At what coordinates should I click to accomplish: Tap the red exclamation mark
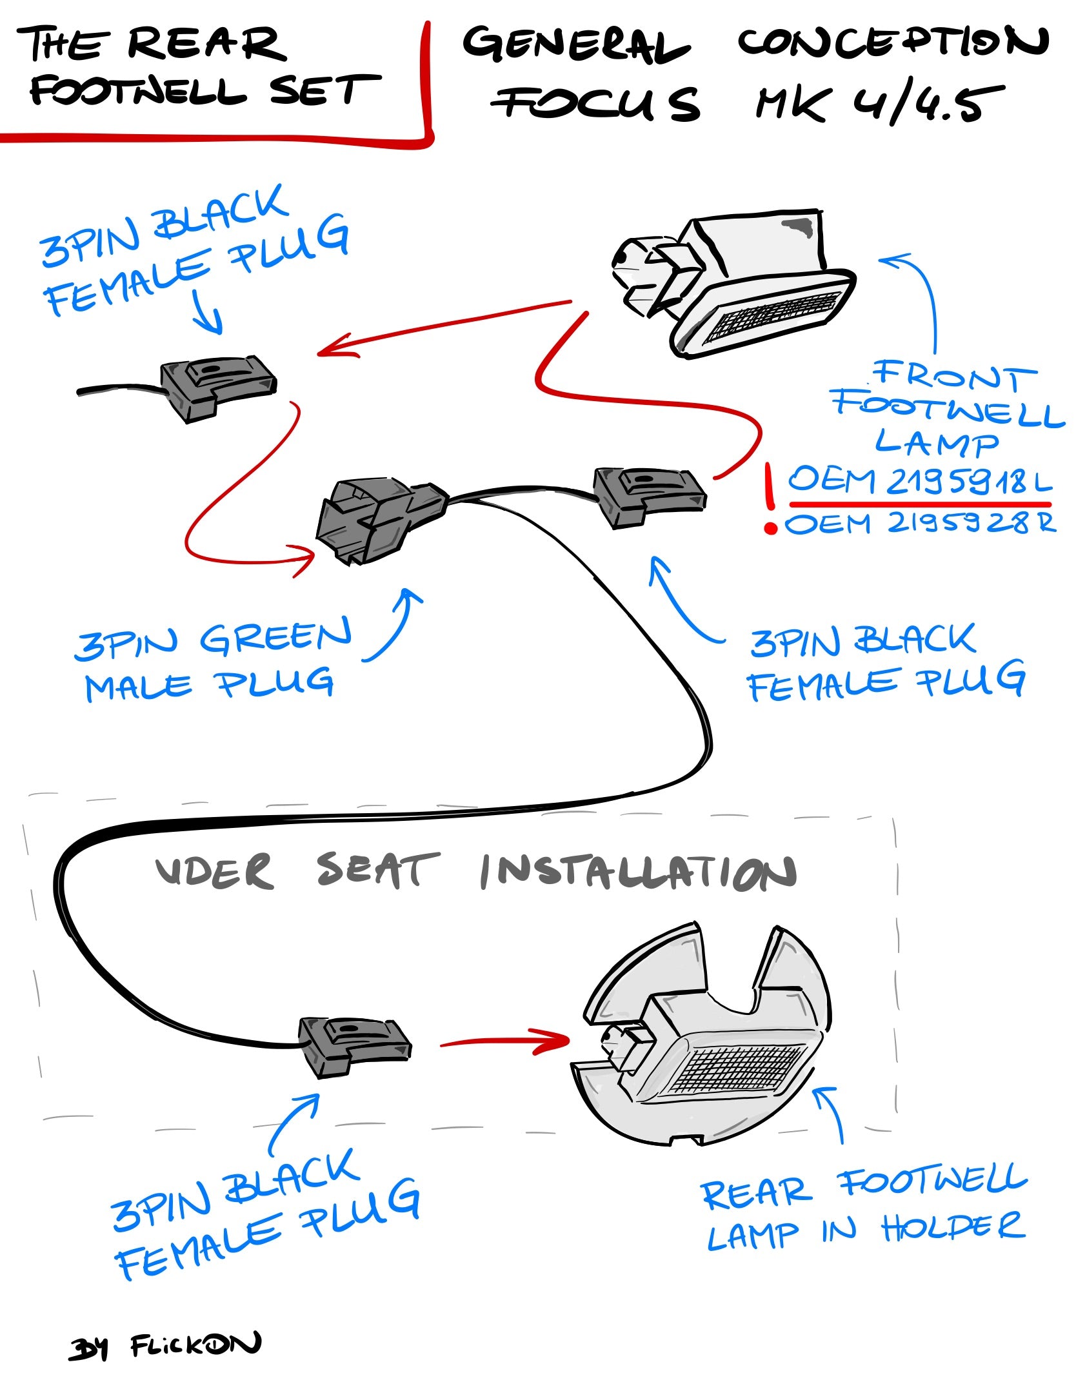(x=769, y=498)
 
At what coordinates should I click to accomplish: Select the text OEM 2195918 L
(x=920, y=480)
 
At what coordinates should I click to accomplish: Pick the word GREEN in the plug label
(x=276, y=637)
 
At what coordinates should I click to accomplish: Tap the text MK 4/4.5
(x=881, y=103)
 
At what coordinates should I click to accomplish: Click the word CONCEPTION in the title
(x=893, y=42)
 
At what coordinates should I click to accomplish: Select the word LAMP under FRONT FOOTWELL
(x=937, y=442)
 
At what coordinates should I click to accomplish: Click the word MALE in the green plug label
(x=139, y=686)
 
